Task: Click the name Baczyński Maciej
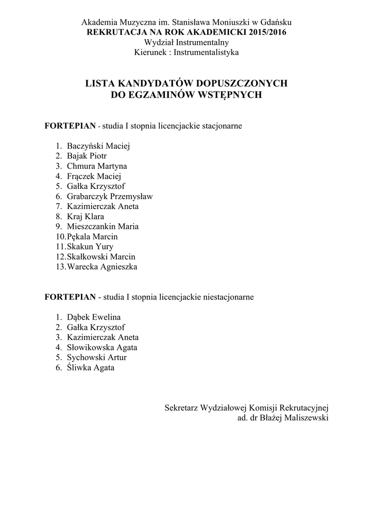[x=98, y=146]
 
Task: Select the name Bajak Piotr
[x=87, y=156]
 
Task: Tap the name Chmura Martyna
[x=97, y=166]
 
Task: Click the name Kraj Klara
[x=86, y=216]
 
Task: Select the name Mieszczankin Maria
[x=103, y=226]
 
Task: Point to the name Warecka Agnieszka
[x=102, y=267]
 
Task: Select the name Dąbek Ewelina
[x=94, y=317]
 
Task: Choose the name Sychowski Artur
[x=97, y=357]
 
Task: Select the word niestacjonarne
[x=229, y=297]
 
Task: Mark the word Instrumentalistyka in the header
[x=206, y=52]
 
